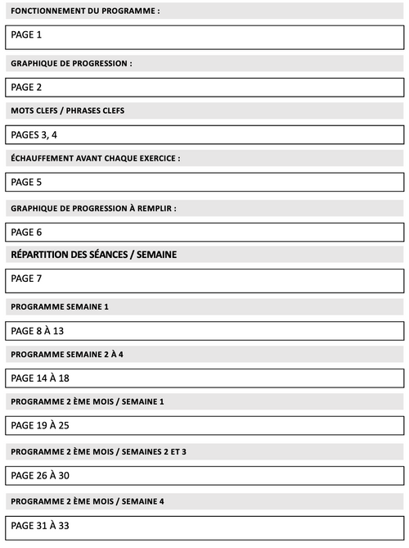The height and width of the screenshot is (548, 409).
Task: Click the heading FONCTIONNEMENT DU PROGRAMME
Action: coord(85,11)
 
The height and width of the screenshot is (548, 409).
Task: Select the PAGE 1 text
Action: coord(26,34)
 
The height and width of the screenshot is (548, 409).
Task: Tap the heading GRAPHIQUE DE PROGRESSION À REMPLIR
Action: coord(93,208)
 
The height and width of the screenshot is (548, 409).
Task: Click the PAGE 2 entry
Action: coord(26,87)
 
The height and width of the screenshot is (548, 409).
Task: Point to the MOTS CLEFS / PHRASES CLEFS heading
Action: coord(67,111)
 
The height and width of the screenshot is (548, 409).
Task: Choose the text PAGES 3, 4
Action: coord(34,135)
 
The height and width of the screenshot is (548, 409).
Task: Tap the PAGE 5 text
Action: coord(26,182)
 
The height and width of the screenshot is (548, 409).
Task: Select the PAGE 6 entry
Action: coord(26,232)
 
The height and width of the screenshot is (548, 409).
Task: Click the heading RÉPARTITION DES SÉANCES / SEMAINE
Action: coord(94,255)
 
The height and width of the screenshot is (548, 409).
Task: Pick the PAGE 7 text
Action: coord(26,279)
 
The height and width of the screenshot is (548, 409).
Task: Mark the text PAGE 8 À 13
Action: coord(37,331)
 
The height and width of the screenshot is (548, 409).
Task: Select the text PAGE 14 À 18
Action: coord(40,378)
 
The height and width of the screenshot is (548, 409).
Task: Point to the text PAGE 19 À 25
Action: coord(40,426)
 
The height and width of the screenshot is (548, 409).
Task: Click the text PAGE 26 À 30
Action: coord(40,476)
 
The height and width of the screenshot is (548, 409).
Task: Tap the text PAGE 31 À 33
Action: coord(40,525)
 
